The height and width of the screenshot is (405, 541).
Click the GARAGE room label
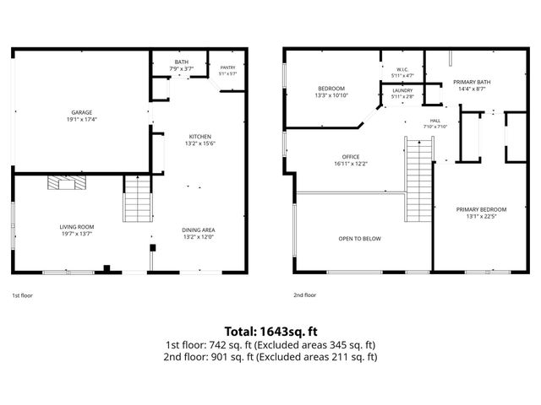click(x=82, y=112)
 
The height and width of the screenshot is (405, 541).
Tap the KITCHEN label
click(x=200, y=137)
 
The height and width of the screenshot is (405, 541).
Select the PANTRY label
click(x=227, y=67)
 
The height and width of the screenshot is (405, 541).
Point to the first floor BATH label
click(x=182, y=62)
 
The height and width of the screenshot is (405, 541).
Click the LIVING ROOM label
click(x=77, y=227)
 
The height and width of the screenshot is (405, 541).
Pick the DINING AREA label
click(x=199, y=230)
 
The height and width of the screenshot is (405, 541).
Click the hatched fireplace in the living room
click(x=67, y=182)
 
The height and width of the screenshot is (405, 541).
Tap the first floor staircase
click(x=138, y=198)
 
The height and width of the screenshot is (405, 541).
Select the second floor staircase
click(x=419, y=179)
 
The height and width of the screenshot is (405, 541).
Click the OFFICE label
click(x=351, y=157)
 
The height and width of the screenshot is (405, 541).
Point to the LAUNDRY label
click(x=402, y=90)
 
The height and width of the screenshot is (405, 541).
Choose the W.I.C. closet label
click(x=402, y=69)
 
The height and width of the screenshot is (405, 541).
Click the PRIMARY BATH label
click(x=472, y=83)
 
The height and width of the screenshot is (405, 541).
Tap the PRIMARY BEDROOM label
click(x=481, y=210)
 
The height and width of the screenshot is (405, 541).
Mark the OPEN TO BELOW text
click(x=360, y=239)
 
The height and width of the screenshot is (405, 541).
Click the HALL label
click(x=435, y=121)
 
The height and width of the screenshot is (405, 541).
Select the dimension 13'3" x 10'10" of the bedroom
click(x=331, y=95)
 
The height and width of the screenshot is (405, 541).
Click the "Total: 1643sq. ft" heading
click(x=270, y=332)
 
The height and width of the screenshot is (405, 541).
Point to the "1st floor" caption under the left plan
click(x=23, y=295)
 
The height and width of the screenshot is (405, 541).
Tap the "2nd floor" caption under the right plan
click(x=304, y=295)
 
